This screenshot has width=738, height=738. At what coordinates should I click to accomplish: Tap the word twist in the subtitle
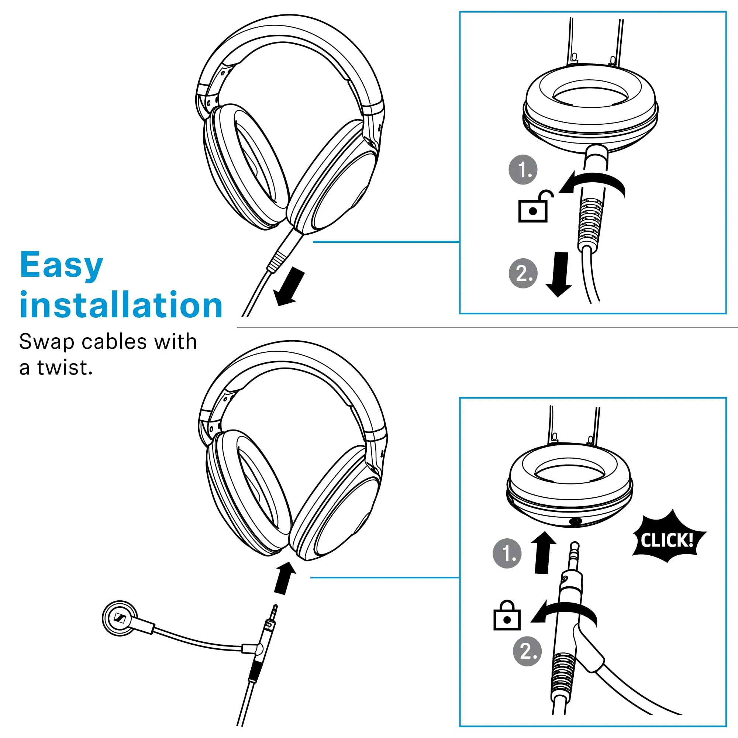click(65, 368)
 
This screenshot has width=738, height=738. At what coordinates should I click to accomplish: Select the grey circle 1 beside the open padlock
click(523, 170)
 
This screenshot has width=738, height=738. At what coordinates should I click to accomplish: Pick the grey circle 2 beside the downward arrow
click(523, 273)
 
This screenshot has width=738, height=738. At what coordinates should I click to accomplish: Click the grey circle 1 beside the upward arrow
click(507, 553)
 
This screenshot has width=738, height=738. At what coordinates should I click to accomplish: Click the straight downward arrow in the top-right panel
click(559, 274)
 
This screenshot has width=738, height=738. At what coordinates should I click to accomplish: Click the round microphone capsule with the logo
click(120, 618)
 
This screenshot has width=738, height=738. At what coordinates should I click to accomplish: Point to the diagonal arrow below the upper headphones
click(290, 287)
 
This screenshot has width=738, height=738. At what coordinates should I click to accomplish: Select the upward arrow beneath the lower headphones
click(284, 578)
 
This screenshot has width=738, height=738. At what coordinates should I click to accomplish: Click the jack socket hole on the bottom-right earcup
click(575, 521)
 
